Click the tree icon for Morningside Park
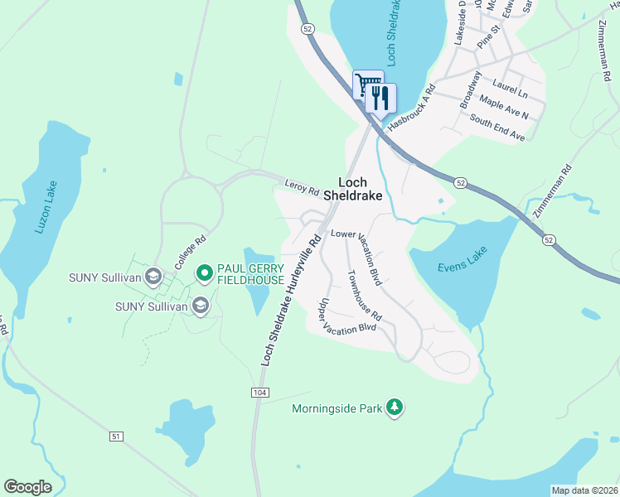pos(396,408)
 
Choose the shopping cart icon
pos(367,84)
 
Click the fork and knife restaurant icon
pos(380,98)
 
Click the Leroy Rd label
pos(302,187)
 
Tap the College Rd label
pos(190,253)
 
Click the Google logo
pos(27,487)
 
